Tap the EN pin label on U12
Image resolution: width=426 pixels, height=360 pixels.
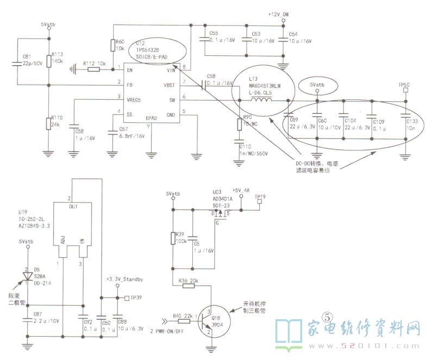click(x=130, y=70)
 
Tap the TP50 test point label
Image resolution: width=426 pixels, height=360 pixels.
click(x=404, y=85)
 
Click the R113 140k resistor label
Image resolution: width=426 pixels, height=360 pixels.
click(x=57, y=58)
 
